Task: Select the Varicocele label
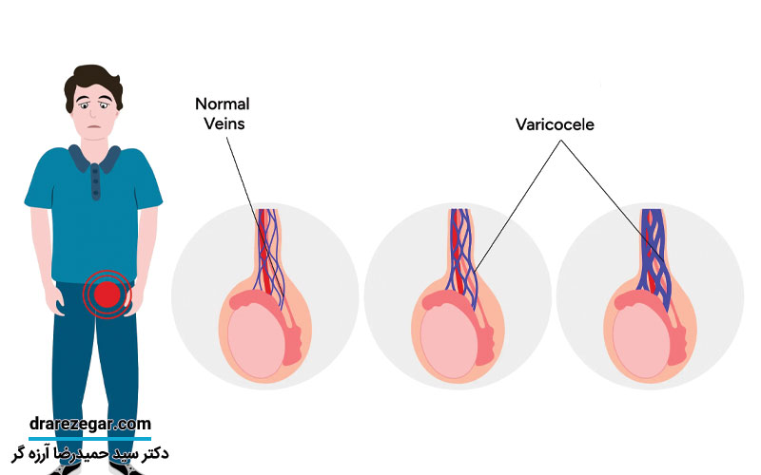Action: coord(555,123)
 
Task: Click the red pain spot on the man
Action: coord(107,294)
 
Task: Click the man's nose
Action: coord(93,118)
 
